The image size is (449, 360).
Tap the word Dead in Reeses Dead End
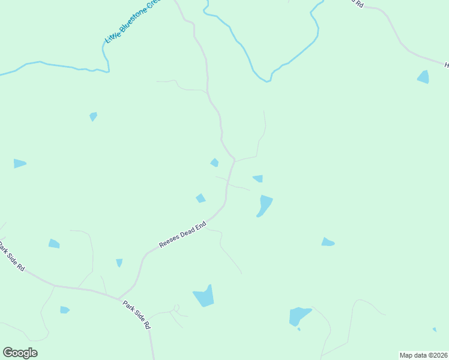coord(190,232)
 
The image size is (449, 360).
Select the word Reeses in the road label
coord(169,241)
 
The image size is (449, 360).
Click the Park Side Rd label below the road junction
coord(137,314)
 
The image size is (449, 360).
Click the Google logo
coord(20,353)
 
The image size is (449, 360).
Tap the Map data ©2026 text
coord(423,355)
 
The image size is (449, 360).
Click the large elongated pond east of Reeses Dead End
coord(264,205)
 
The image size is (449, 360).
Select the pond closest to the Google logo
coord(64,310)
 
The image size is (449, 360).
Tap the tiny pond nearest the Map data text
coord(434,329)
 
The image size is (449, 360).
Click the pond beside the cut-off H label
coord(424,77)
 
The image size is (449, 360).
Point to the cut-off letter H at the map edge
coord(446,64)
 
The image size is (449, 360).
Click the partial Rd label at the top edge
coord(360,3)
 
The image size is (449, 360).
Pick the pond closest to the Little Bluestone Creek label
coord(93,116)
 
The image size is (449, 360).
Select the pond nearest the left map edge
coord(19,163)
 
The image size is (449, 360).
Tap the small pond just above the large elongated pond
coord(258,178)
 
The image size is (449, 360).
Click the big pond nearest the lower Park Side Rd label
coord(204,296)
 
